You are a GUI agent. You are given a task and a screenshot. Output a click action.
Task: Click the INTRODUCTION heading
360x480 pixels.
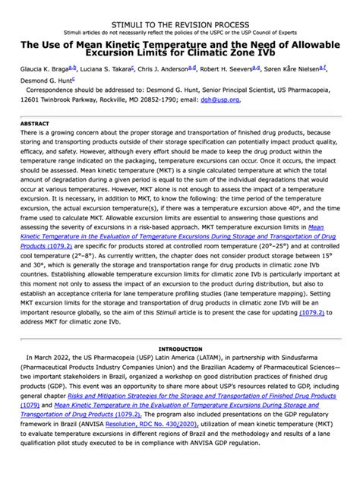pyautogui.click(x=179, y=348)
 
